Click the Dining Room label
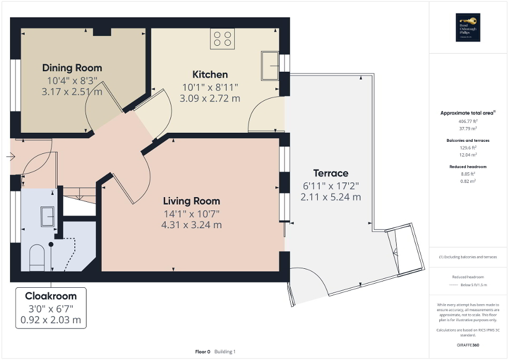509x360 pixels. click(x=72, y=68)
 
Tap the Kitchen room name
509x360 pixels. click(x=210, y=74)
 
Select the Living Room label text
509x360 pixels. click(x=191, y=201)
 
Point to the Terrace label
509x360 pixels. click(x=331, y=173)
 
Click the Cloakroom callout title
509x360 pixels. click(x=51, y=296)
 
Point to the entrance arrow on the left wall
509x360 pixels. click(x=11, y=156)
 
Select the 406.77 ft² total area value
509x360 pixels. click(x=468, y=121)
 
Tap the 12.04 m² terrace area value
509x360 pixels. click(x=468, y=154)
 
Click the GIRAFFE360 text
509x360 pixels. click(x=468, y=345)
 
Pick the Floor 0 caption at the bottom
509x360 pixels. click(x=203, y=352)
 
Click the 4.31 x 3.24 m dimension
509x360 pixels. click(x=191, y=225)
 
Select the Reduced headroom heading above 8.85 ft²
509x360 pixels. click(x=468, y=167)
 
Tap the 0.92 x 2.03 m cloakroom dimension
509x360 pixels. click(x=51, y=319)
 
